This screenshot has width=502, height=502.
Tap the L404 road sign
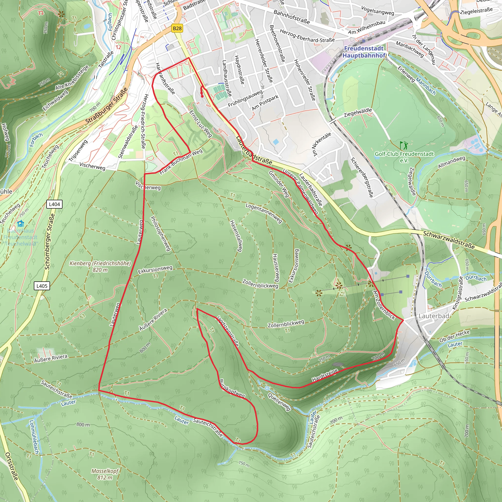(x=54, y=204)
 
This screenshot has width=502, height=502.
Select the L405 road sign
(x=42, y=286)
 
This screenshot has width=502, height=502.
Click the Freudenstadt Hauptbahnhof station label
(x=364, y=52)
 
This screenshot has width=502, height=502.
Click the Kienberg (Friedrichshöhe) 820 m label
(x=100, y=266)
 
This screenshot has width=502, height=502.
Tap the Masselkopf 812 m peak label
(x=105, y=474)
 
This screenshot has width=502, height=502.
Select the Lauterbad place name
(x=434, y=316)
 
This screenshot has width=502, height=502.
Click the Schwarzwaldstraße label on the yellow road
(x=449, y=240)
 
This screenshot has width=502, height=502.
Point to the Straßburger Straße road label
(x=107, y=106)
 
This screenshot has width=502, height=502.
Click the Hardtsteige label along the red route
(x=325, y=375)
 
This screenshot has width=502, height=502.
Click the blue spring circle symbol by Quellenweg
(x=267, y=388)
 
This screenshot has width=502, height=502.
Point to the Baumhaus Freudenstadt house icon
(x=21, y=224)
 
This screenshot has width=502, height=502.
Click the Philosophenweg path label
(x=161, y=234)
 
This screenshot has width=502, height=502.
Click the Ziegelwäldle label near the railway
(x=358, y=113)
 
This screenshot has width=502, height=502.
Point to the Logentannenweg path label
(x=264, y=213)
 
